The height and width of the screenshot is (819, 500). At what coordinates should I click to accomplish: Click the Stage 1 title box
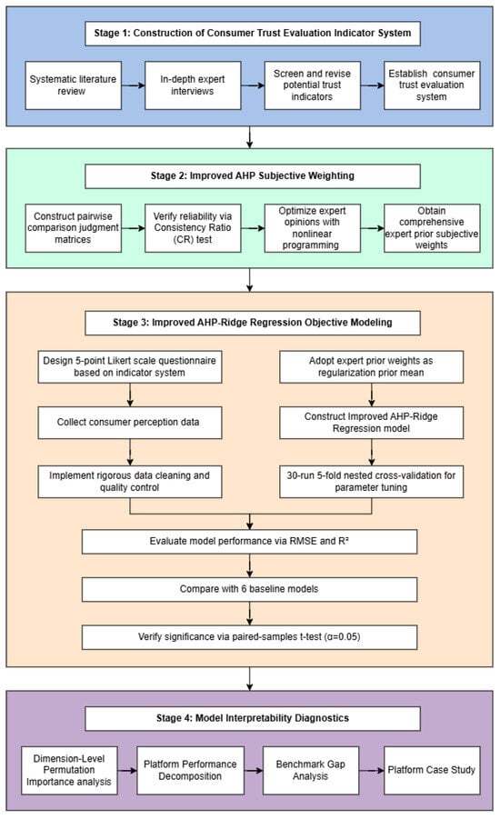(x=253, y=33)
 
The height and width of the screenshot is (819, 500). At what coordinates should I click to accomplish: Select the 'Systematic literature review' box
(x=73, y=85)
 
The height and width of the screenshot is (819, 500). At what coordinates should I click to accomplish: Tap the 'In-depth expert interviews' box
(x=193, y=85)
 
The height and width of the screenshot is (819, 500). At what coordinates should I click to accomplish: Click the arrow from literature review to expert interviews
(x=134, y=85)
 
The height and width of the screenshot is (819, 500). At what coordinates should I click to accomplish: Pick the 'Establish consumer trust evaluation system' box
(x=432, y=85)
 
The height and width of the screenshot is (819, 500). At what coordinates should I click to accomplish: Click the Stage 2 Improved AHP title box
(x=253, y=176)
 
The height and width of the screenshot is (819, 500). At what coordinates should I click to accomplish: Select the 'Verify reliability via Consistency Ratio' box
(x=193, y=228)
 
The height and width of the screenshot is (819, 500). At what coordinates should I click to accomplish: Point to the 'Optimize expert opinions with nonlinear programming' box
(x=312, y=228)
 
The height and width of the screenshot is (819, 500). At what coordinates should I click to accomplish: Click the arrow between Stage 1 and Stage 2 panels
(x=250, y=137)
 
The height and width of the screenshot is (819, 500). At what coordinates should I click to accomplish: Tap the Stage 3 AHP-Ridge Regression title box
(x=253, y=323)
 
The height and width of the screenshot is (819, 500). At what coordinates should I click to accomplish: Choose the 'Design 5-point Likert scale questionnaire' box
(x=130, y=366)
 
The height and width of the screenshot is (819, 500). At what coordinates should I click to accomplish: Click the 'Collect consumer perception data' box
(x=130, y=423)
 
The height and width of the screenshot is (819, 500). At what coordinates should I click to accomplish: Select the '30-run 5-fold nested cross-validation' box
(x=372, y=482)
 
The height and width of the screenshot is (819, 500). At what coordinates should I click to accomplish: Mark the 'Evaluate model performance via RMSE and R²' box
(x=249, y=542)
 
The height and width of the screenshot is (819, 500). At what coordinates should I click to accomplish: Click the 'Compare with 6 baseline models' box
(x=249, y=589)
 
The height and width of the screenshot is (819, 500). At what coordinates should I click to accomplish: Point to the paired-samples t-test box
(x=249, y=637)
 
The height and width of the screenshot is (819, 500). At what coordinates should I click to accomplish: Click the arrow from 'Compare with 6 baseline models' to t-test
(x=250, y=614)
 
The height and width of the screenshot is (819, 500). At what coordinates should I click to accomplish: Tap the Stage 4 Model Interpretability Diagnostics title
(x=253, y=718)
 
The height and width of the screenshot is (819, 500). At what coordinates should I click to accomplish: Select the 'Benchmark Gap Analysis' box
(x=311, y=771)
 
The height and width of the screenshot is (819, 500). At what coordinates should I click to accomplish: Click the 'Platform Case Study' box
(x=432, y=771)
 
